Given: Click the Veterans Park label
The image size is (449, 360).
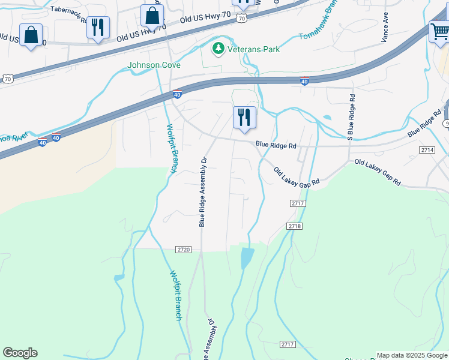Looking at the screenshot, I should click(253, 49).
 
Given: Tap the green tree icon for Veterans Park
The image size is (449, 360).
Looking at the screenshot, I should click(218, 48).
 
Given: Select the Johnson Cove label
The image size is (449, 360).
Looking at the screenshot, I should click(146, 65).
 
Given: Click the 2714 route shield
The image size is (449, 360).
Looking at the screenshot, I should click(427, 149).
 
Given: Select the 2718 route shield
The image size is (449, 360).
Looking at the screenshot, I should click(294, 226).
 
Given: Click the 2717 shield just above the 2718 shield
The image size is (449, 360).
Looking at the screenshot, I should click(298, 204).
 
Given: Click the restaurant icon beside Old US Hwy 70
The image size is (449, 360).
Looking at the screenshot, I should click(98, 27).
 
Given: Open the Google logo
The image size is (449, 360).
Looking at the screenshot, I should click(20, 353).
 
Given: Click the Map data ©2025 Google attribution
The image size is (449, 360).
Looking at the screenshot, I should click(412, 355).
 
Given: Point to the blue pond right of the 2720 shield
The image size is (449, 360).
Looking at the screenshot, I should click(246, 258).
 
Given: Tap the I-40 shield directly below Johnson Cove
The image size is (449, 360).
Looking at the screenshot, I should click(177, 94).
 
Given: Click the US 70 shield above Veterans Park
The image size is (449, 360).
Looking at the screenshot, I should click(241, 19).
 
